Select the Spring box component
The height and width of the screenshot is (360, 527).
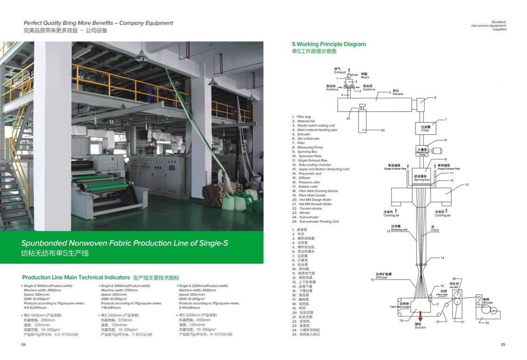coord(422,178)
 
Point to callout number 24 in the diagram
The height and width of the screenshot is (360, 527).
coord(383,130)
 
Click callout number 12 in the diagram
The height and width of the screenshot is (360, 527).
coord(467,184)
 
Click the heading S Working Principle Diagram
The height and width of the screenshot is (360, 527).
coord(328,44)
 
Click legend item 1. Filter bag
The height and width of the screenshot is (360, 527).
coord(303,117)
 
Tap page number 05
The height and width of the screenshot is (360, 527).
coord(503,344)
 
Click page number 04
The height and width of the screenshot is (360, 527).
coord(23,344)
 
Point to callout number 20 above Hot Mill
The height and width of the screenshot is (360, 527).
coord(454,279)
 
